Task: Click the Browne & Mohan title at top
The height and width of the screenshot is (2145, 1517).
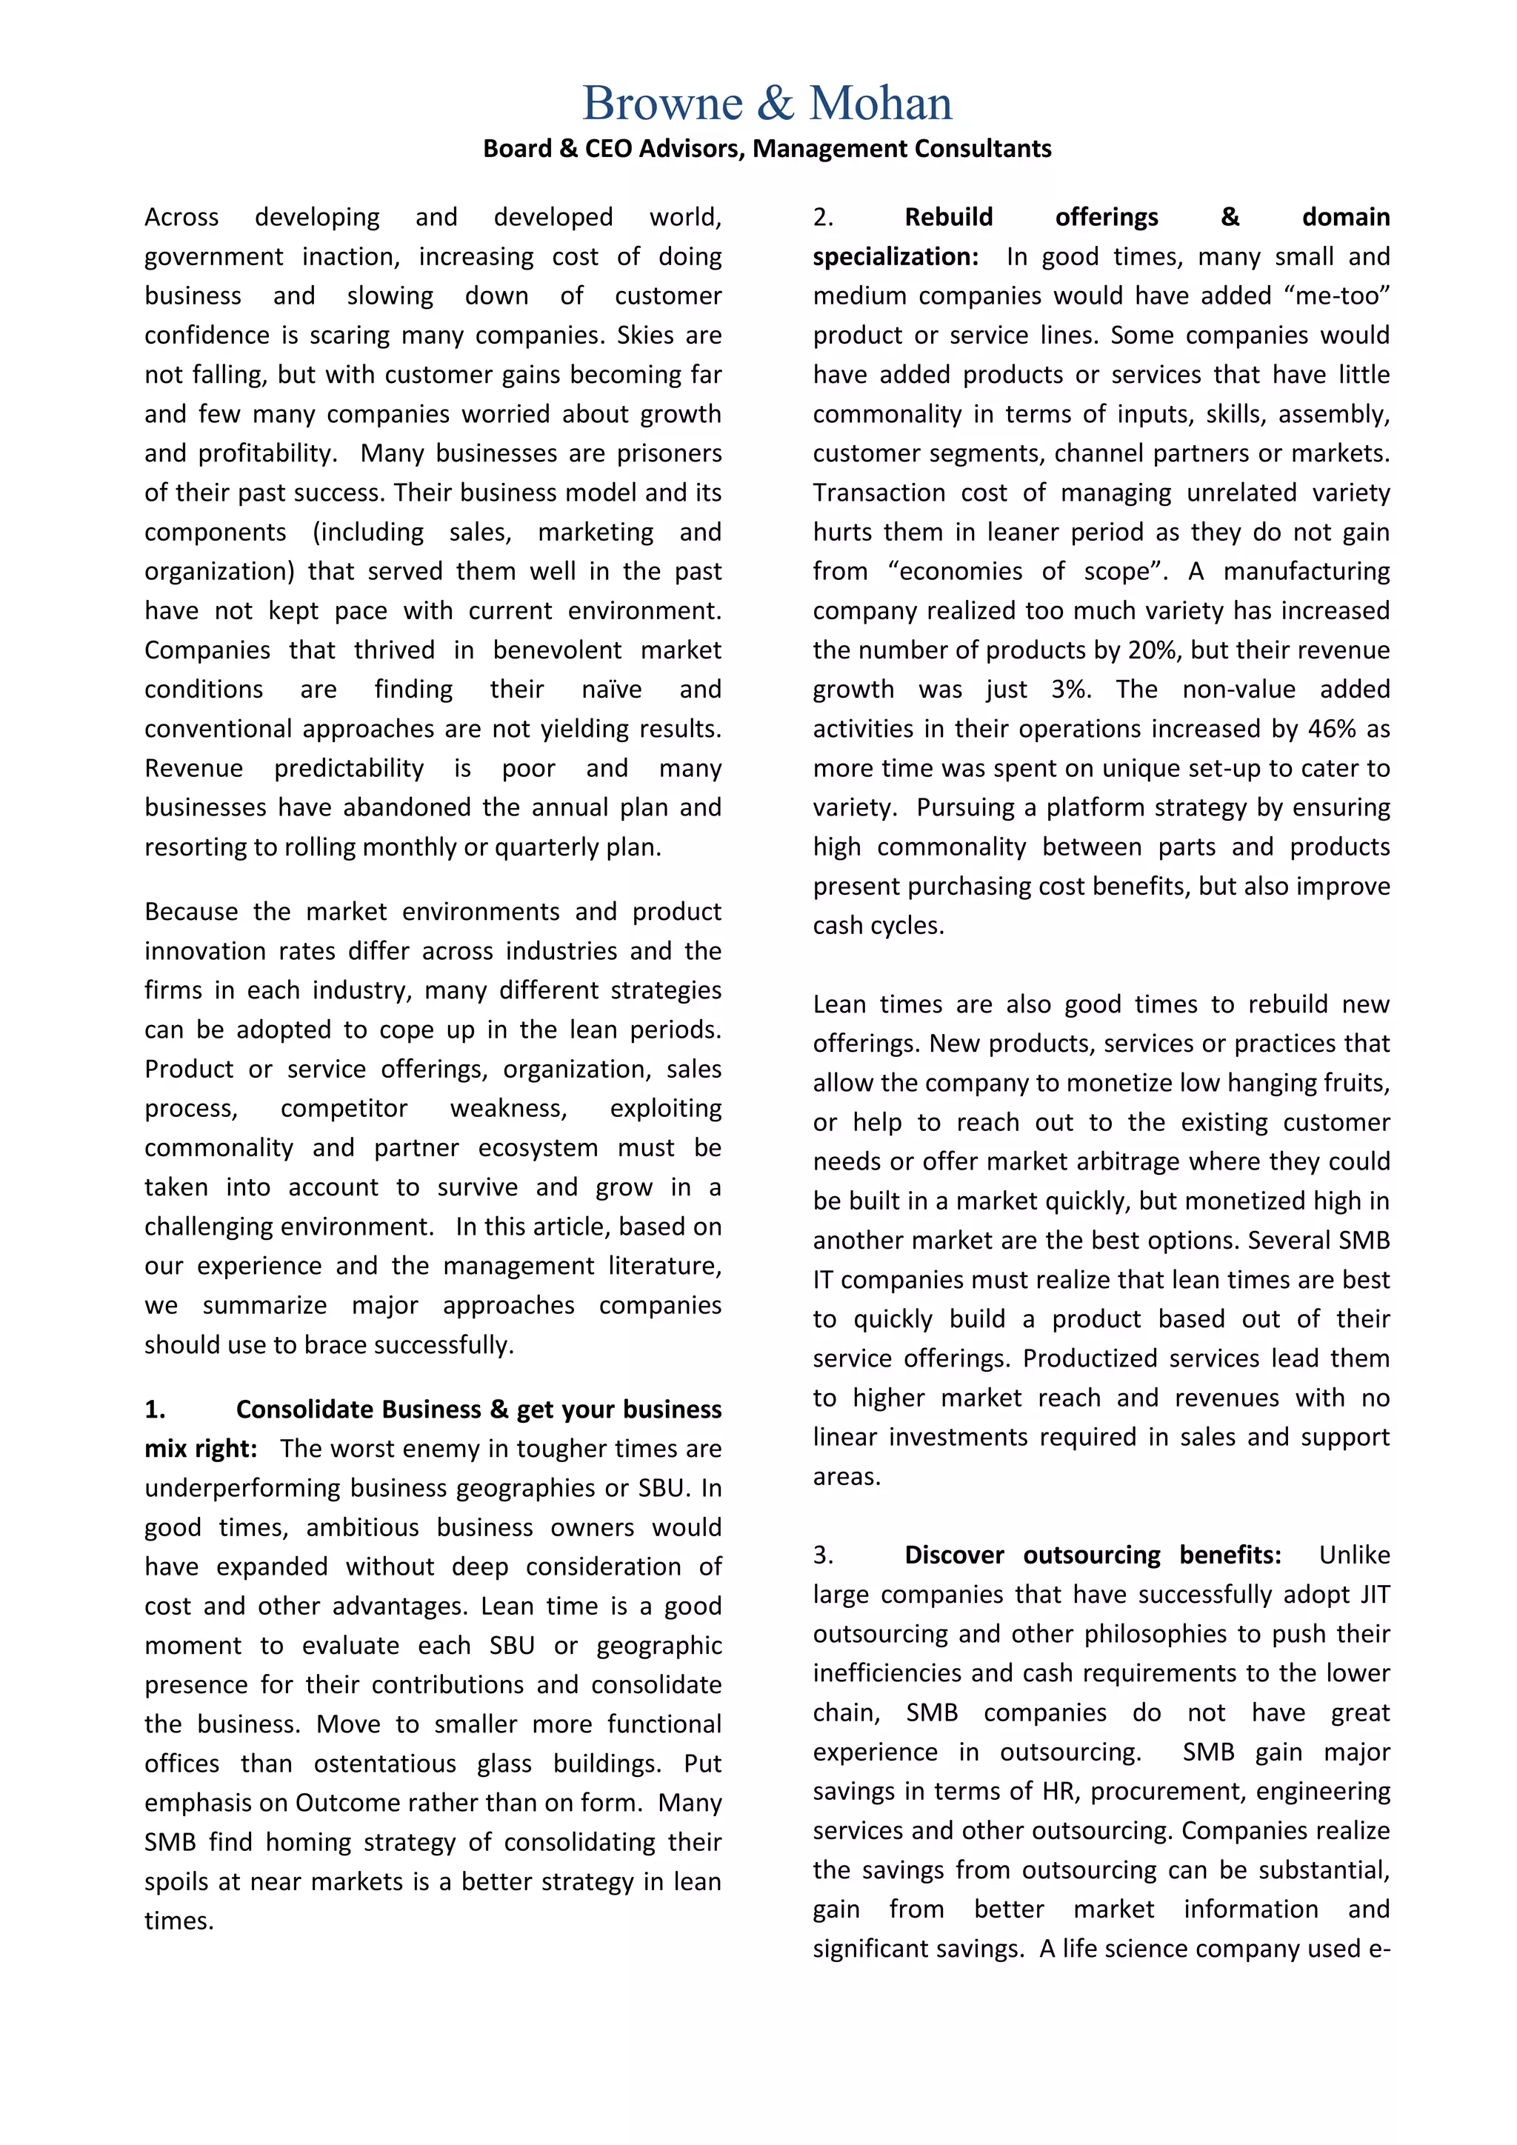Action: pyautogui.click(x=767, y=103)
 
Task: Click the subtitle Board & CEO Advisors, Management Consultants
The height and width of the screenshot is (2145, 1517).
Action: pyautogui.click(x=767, y=149)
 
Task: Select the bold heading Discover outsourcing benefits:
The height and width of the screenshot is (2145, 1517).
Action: pyautogui.click(x=1092, y=1555)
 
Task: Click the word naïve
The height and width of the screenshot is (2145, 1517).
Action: pyautogui.click(x=612, y=690)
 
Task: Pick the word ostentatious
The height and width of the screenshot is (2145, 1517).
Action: pyautogui.click(x=385, y=1764)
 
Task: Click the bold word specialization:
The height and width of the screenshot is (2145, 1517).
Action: pyautogui.click(x=895, y=257)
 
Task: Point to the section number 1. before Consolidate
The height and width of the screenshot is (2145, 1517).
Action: pyautogui.click(x=155, y=1410)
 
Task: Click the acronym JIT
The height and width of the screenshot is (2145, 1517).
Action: pyautogui.click(x=1374, y=1595)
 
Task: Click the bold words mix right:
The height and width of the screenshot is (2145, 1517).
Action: pyautogui.click(x=200, y=1449)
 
